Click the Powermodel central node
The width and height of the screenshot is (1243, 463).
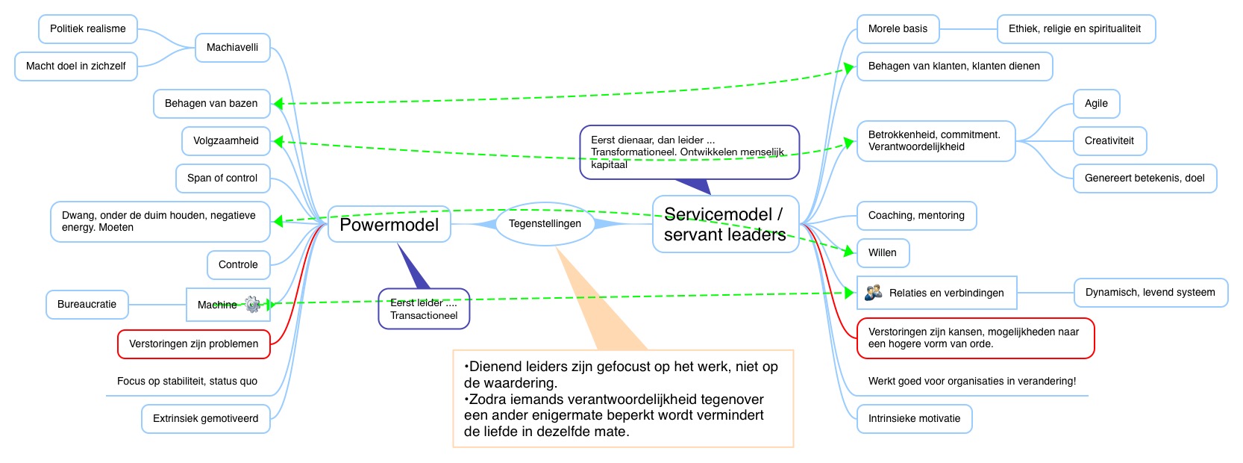[389, 224]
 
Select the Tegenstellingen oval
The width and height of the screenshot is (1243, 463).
[545, 223]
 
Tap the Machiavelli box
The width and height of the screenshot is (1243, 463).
[232, 47]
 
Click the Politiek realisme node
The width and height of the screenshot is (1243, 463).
[87, 28]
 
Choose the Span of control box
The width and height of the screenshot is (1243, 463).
[222, 178]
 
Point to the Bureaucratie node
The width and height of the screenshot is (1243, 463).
[87, 304]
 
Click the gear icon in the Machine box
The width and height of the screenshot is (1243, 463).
[253, 304]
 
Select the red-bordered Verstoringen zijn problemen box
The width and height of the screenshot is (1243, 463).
[193, 344]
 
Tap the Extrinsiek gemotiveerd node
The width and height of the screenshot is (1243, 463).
[205, 418]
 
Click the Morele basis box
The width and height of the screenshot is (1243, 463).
[898, 28]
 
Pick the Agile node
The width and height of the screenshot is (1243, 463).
[1096, 103]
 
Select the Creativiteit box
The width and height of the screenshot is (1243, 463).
[1109, 140]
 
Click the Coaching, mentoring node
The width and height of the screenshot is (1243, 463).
[915, 215]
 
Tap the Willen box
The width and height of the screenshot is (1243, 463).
[882, 252]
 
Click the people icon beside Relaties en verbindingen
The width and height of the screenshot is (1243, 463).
[873, 293]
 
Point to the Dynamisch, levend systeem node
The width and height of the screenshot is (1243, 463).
[1150, 292]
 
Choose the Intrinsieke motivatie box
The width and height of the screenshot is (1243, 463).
[914, 418]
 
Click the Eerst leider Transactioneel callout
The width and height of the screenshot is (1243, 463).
[424, 308]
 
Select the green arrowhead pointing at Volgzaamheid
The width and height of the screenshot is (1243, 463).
[278, 140]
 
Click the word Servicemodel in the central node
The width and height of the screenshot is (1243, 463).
[718, 214]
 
